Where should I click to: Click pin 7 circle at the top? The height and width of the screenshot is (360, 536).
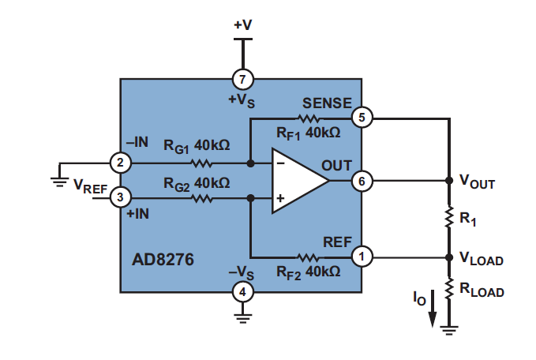point(242,78)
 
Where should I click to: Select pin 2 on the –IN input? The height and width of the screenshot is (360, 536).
point(120,163)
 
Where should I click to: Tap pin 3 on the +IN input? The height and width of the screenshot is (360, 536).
point(120,197)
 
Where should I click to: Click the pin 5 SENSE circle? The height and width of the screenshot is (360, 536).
point(362,118)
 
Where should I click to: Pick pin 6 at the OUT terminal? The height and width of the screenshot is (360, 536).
point(362,181)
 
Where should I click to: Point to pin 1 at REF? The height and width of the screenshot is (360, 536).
point(362,256)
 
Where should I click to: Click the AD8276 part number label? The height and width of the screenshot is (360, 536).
point(162,259)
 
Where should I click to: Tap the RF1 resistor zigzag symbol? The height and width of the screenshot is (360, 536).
point(308,118)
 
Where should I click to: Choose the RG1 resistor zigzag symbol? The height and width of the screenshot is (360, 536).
point(201,163)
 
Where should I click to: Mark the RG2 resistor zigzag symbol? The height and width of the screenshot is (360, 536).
point(201,197)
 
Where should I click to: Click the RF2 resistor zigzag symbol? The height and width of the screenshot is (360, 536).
point(308,256)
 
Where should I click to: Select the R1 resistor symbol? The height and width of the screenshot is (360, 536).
point(448,217)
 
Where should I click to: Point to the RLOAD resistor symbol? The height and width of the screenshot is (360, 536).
point(448,290)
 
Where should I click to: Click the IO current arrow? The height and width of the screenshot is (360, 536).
point(432,314)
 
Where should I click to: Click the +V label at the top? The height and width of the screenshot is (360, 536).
point(242,25)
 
